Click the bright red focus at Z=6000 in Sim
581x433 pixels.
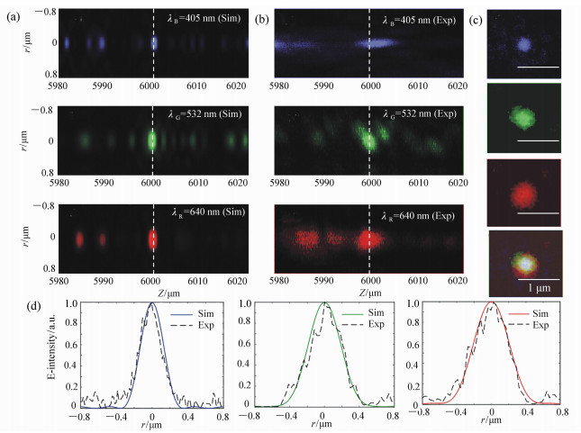[x=151, y=240]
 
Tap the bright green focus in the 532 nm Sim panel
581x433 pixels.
[x=151, y=140]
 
